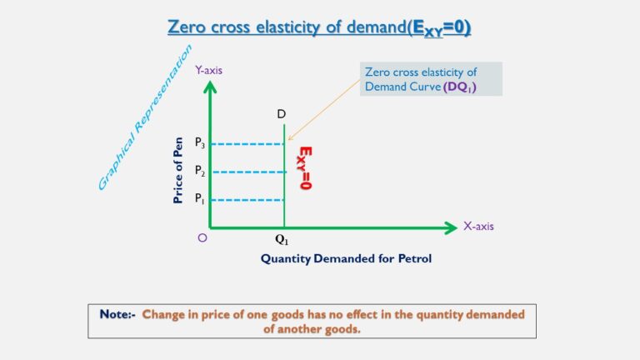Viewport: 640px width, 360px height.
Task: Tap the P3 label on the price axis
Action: pyautogui.click(x=200, y=143)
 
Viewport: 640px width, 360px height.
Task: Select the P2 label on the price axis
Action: pyautogui.click(x=200, y=171)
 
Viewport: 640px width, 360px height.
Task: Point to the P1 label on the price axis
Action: pyautogui.click(x=200, y=199)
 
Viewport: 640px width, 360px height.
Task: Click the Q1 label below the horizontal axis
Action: pyautogui.click(x=282, y=240)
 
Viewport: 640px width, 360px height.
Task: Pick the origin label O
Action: pyautogui.click(x=202, y=237)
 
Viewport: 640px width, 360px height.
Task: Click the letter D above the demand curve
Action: pyautogui.click(x=282, y=113)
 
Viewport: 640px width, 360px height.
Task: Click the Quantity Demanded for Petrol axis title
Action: pyautogui.click(x=346, y=258)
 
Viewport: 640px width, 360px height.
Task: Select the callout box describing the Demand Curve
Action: pyautogui.click(x=430, y=79)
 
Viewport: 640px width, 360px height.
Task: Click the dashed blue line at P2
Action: pyautogui.click(x=247, y=172)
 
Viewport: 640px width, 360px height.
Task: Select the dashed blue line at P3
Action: pyautogui.click(x=247, y=144)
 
